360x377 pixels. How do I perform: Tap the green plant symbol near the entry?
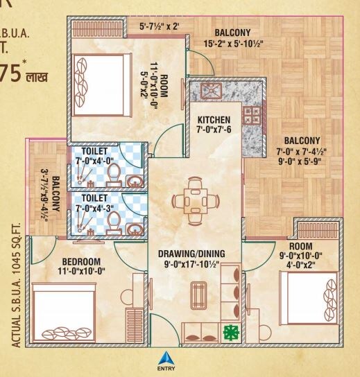coord(231,331)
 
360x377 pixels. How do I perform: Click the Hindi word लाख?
coord(35,73)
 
